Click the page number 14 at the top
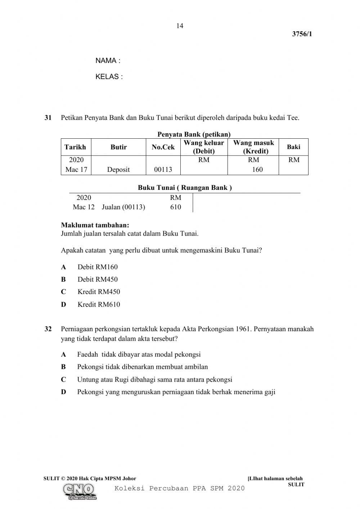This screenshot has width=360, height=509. pos(180,26)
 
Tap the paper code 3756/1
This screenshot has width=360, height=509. pos(302,34)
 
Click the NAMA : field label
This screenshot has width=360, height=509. pos(108,61)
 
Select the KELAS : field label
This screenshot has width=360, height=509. pos(109,77)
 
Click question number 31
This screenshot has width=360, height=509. pos(48,118)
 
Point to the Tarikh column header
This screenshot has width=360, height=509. pos(75,147)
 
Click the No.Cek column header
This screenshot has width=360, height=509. pos(163,147)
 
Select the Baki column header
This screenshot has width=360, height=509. pos(293,147)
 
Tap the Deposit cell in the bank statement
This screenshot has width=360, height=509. pos(118,169)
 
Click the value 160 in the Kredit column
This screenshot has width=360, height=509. pos(257,169)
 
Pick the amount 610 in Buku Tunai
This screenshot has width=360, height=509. pos(176,207)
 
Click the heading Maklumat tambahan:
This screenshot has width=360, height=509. pos(95,226)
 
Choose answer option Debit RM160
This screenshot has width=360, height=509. pos(97,267)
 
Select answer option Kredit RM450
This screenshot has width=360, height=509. pos(99,292)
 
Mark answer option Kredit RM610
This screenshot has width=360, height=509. pos(99,304)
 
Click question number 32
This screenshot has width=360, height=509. pos(48,329)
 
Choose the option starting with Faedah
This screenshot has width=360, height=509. pos(139,354)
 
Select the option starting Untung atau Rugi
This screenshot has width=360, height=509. pos(154,379)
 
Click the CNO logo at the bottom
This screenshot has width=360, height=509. pos(79,491)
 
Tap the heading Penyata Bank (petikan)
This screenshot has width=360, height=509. pos(194,134)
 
